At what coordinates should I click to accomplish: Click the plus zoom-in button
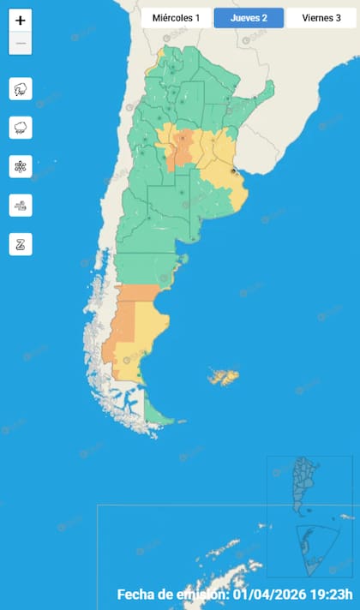pos(21,21)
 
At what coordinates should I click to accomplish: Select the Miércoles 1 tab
pos(176,18)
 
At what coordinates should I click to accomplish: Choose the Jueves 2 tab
pos(249,18)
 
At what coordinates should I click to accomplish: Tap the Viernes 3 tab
pos(321,18)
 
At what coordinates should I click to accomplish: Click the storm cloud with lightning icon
pos(21,88)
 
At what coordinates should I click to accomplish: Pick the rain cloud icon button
pos(21,128)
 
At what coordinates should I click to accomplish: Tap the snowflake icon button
pos(21,166)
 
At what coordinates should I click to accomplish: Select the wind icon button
pos(21,205)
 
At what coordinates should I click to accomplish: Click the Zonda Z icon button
pos(21,243)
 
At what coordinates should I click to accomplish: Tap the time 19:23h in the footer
pos(333,595)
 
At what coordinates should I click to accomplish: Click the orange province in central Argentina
pos(181,147)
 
